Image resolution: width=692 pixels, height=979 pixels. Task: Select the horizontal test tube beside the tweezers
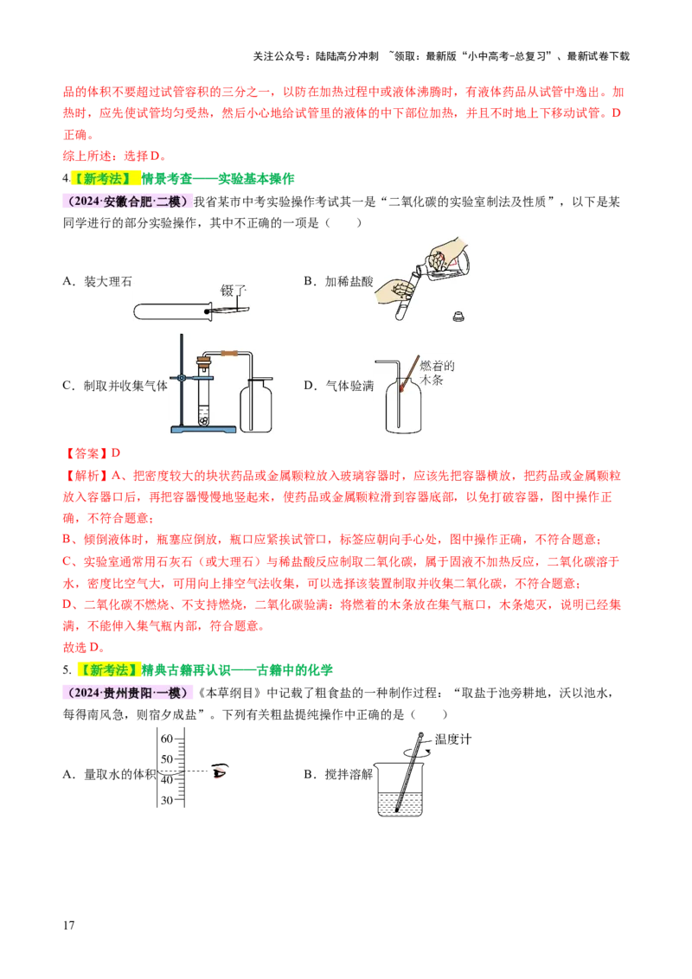[173, 308]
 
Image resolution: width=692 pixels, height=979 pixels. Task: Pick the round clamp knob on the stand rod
[181, 378]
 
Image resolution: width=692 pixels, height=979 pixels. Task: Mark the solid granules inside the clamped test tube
[203, 420]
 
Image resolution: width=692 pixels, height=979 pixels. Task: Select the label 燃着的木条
[437, 373]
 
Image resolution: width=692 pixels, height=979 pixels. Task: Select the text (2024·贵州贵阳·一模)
[126, 693]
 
